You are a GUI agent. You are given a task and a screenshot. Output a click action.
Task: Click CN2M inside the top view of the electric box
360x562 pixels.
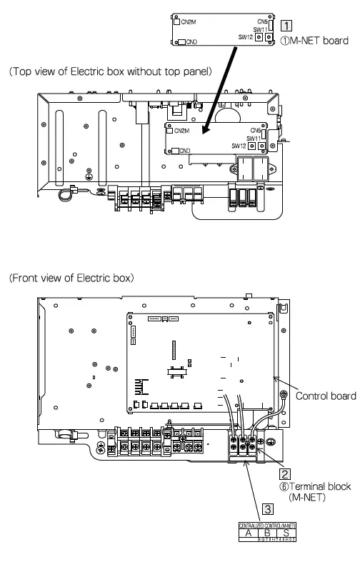(x=181, y=131)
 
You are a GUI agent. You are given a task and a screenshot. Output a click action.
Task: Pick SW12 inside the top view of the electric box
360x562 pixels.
(x=239, y=145)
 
